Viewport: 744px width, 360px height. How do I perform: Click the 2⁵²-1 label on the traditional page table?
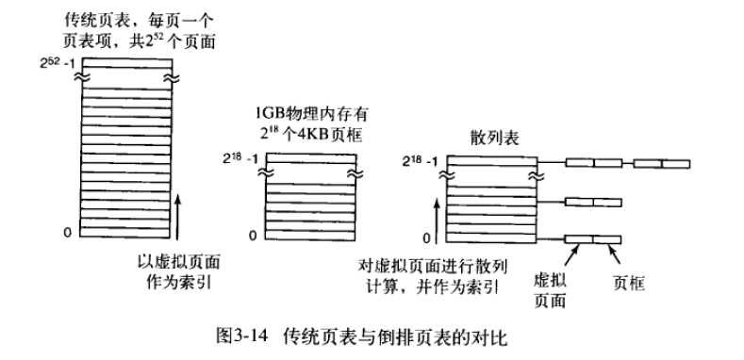58,62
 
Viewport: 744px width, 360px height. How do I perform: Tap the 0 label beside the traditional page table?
67,232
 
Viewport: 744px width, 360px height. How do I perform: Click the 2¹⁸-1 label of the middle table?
240,158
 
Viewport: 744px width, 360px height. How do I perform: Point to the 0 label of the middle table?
254,236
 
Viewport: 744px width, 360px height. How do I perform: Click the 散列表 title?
494,138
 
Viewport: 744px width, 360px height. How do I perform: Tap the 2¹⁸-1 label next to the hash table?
420,161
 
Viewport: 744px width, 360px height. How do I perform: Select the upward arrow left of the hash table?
438,221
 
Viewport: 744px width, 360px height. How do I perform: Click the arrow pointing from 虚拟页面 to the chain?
571,254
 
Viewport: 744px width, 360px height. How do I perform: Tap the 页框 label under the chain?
628,283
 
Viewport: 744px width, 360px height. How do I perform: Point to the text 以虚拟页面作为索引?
178,271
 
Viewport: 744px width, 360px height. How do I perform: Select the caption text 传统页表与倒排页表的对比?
395,336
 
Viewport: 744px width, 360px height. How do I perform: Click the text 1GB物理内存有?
312,114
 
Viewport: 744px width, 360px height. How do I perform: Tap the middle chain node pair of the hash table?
593,203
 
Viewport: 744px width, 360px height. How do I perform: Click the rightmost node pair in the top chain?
661,164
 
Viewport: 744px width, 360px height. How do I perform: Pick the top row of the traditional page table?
127,63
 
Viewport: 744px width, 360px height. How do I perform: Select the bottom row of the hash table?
491,238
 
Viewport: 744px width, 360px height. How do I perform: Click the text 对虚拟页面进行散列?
432,266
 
